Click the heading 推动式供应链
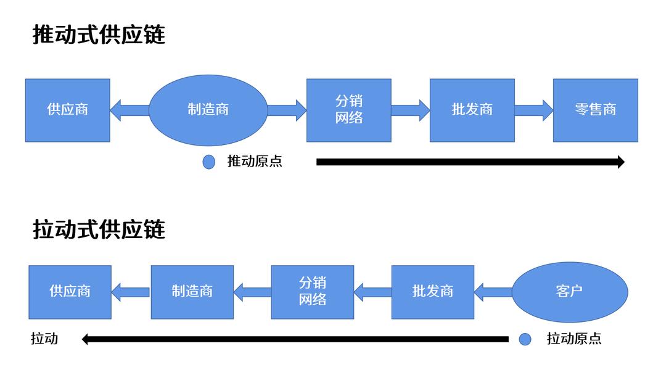pyautogui.click(x=99, y=35)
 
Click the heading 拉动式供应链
pyautogui.click(x=99, y=229)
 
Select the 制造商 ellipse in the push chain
pyautogui.click(x=208, y=110)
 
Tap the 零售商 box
pyautogui.click(x=595, y=110)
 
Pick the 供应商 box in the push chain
pyautogui.click(x=68, y=110)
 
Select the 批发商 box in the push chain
pyautogui.click(x=472, y=110)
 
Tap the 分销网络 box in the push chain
pyautogui.click(x=348, y=110)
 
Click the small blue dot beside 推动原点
pyautogui.click(x=209, y=162)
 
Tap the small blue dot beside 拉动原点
pyautogui.click(x=525, y=339)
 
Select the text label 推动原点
pyautogui.click(x=255, y=162)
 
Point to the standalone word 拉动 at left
pyautogui.click(x=44, y=339)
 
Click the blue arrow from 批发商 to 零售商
pyautogui.click(x=533, y=110)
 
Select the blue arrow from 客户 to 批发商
pyautogui.click(x=493, y=292)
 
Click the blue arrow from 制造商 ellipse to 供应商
pyautogui.click(x=129, y=110)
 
